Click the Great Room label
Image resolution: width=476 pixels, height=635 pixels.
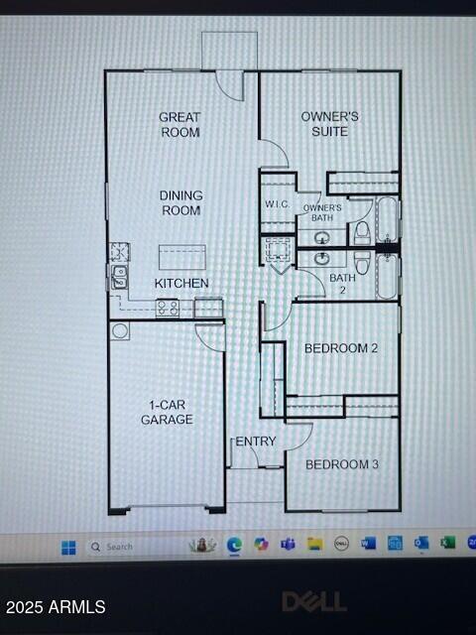[179, 124]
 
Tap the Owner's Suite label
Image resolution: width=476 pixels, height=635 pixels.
[329, 123]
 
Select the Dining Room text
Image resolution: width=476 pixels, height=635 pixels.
[180, 202]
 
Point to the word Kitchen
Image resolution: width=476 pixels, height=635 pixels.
[181, 283]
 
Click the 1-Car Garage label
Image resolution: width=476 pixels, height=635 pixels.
[166, 412]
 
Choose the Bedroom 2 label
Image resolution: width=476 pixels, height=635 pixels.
[340, 348]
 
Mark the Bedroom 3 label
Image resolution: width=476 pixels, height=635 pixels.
[341, 464]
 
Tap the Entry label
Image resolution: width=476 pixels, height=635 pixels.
[256, 442]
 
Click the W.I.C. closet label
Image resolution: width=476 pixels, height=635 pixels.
[276, 204]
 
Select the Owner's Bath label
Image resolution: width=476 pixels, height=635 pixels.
[322, 212]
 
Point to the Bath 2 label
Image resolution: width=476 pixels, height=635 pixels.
[342, 284]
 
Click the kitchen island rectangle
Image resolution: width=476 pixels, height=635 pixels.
[182, 257]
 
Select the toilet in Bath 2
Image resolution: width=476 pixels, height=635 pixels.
[362, 263]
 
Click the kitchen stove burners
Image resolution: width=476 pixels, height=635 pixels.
[167, 308]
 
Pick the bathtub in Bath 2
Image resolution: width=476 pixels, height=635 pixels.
[387, 275]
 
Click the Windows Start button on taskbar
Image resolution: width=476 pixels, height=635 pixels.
[68, 546]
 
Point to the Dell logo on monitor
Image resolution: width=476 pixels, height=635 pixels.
[313, 601]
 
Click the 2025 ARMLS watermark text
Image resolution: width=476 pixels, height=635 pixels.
[55, 606]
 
